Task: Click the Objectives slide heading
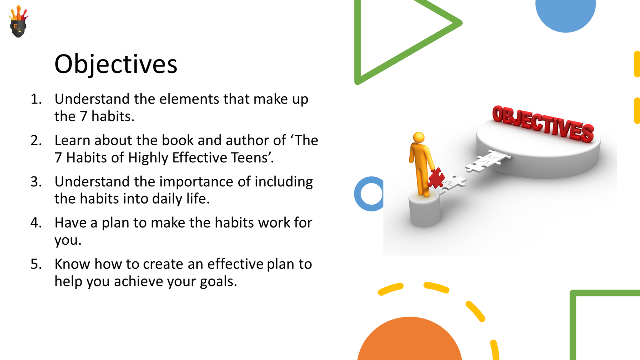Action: pyautogui.click(x=116, y=64)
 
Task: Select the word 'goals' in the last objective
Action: pyautogui.click(x=217, y=282)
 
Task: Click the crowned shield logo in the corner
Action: pyautogui.click(x=18, y=22)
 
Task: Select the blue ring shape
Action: pyautogui.click(x=362, y=194)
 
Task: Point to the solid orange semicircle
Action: pyautogui.click(x=409, y=342)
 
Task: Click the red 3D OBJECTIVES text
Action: pyautogui.click(x=543, y=123)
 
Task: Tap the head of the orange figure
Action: pyautogui.click(x=419, y=137)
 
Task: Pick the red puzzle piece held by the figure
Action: pyautogui.click(x=436, y=178)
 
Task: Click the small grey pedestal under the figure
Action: pyautogui.click(x=424, y=210)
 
